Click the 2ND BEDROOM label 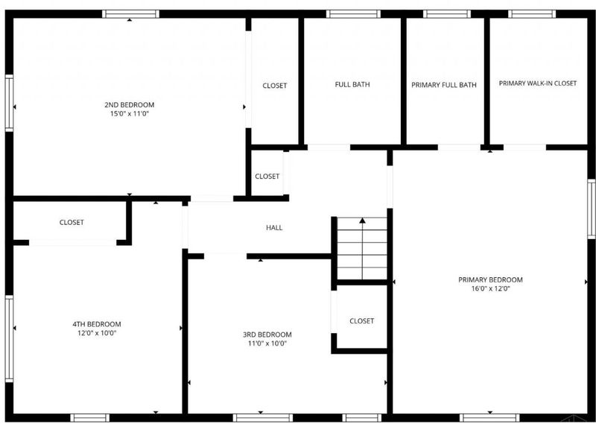click(129, 105)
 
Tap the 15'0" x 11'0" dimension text click(129, 114)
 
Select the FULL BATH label click(352, 84)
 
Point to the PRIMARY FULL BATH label click(444, 85)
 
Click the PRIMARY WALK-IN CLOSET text click(538, 83)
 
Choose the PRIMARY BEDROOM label click(490, 280)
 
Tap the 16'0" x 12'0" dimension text click(490, 288)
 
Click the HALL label click(274, 228)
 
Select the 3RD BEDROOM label click(267, 335)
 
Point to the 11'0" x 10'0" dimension click(267, 343)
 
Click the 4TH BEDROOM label click(97, 324)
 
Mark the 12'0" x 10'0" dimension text click(97, 333)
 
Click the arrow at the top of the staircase click(363, 221)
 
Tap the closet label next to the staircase click(362, 321)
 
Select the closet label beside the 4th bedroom click(72, 222)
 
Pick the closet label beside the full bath click(274, 86)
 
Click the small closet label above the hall click(267, 177)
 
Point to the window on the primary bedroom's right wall click(592, 209)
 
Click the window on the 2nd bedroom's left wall click(9, 103)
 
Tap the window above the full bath click(353, 14)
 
